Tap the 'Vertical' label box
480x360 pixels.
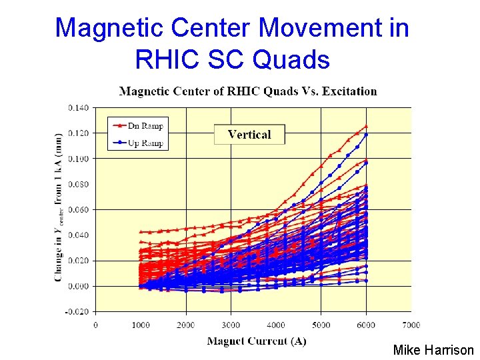pos(249,134)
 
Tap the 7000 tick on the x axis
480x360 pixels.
pos(411,325)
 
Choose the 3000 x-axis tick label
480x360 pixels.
pos(231,325)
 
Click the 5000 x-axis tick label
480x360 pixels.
pos(321,325)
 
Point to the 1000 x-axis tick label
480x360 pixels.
pos(141,325)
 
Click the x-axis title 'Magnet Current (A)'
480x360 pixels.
pos(257,341)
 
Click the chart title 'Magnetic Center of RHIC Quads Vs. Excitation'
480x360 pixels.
pos(247,91)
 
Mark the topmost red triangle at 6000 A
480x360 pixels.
pos(366,126)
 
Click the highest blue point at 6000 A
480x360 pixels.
pos(366,135)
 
